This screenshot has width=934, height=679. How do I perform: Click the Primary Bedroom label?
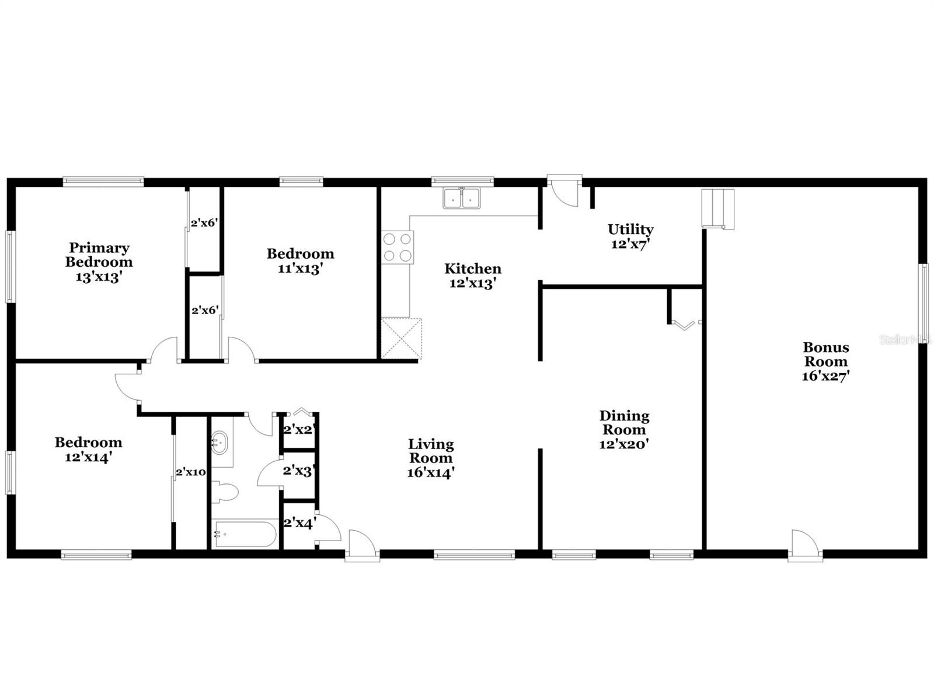point(99,255)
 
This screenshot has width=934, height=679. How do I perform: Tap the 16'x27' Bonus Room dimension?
point(825,376)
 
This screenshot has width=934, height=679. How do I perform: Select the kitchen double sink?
point(461,199)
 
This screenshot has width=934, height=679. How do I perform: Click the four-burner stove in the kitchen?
point(398,247)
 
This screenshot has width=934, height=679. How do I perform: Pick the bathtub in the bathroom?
point(245,534)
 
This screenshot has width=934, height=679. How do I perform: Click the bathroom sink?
point(221,442)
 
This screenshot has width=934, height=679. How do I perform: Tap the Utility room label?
point(630,229)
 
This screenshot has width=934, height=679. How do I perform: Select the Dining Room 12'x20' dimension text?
point(625,444)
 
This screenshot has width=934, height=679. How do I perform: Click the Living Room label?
point(431,451)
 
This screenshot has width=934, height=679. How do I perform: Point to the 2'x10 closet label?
point(191,472)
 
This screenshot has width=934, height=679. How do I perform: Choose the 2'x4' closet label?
point(299,523)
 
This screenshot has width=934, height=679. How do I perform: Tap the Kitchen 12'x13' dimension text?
point(473,284)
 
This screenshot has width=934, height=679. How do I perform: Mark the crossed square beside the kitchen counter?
point(401,338)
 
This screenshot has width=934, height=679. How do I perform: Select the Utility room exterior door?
point(563,190)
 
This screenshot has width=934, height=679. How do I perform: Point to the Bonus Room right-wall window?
point(925,304)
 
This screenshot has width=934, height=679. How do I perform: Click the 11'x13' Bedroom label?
point(301,253)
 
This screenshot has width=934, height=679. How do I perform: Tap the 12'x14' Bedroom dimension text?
point(89,457)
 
